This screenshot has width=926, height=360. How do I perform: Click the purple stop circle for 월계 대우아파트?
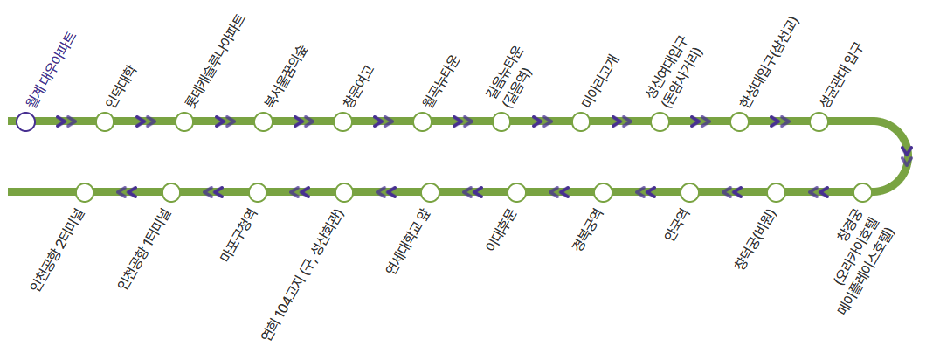coord(25,121)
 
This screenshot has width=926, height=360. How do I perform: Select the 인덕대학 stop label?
coord(121,86)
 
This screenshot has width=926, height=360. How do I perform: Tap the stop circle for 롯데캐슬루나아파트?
coord(183,121)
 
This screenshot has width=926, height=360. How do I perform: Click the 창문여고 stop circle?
coord(342,121)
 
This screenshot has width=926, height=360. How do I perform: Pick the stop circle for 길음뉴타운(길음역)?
coord(501,121)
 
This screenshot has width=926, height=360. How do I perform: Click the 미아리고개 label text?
coord(602,82)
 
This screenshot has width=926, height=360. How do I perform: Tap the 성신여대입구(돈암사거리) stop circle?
coord(660,121)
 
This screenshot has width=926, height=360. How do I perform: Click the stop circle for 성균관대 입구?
coord(819,121)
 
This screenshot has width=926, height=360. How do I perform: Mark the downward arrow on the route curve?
coord(907,156)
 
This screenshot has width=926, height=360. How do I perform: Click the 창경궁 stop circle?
coord(862,192)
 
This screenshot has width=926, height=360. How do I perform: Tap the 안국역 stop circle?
coord(689,192)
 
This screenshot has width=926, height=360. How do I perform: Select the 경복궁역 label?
coord(586,229)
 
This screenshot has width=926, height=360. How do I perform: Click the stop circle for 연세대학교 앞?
coord(430,192)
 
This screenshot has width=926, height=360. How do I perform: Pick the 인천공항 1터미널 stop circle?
coord(171,192)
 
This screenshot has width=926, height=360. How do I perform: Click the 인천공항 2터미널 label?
coord(57,249)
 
